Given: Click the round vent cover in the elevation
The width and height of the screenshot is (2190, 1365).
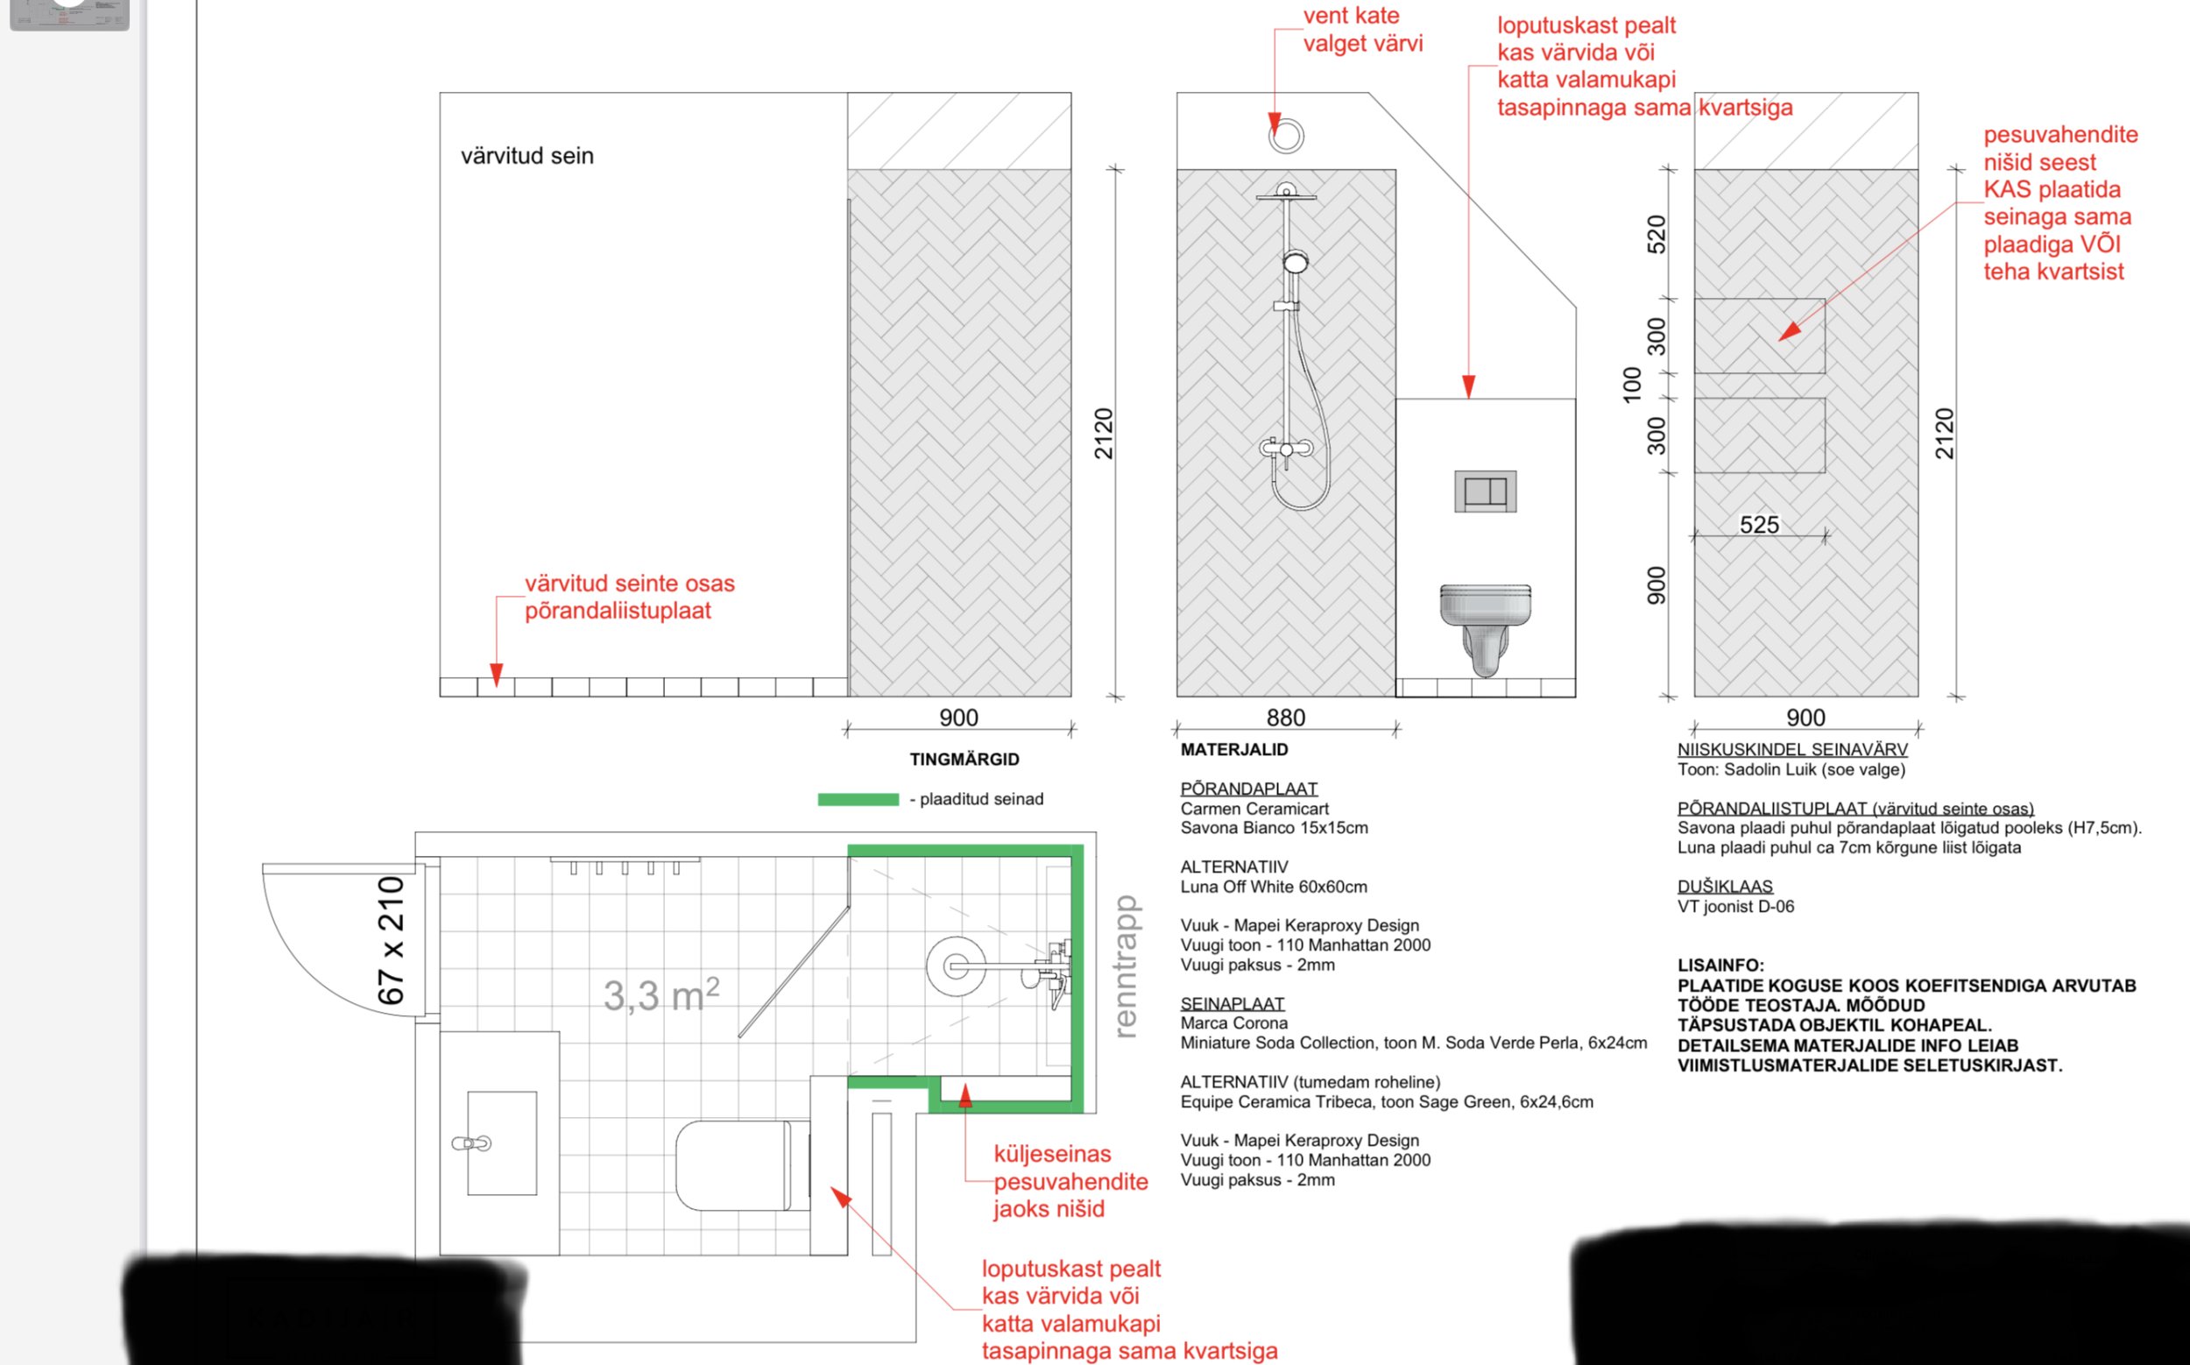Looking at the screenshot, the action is [1285, 136].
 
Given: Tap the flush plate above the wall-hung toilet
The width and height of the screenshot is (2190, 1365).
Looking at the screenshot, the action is [1485, 492].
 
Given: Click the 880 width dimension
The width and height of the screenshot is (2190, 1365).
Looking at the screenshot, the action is [1285, 718].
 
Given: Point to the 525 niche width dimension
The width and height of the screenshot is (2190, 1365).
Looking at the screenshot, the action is [1759, 525].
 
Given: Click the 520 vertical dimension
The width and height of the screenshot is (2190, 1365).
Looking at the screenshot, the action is [1657, 234].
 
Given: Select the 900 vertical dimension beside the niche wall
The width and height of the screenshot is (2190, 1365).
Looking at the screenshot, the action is [1657, 585].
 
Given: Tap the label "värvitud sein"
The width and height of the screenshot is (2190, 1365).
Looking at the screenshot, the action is [527, 156].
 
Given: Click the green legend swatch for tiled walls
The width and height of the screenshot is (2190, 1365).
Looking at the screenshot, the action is [858, 799].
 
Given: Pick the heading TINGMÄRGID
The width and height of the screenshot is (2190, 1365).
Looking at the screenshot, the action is [964, 760].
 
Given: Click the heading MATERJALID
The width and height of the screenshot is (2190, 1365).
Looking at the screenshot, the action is [1234, 749].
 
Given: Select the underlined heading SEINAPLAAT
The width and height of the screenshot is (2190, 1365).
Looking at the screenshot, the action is [1233, 1003].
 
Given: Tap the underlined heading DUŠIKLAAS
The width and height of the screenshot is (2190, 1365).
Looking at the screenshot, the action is [1725, 887].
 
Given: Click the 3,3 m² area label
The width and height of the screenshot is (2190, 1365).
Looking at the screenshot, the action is [661, 995].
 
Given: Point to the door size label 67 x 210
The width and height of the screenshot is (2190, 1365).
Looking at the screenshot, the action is [391, 941].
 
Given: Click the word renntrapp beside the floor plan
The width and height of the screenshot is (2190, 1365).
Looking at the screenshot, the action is [1126, 966].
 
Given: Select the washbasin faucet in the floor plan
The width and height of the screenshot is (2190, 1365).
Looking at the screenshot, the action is [471, 1144].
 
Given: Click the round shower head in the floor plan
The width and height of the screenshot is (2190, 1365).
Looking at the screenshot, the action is [955, 966].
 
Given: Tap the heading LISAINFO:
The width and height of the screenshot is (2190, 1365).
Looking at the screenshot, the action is [1720, 965].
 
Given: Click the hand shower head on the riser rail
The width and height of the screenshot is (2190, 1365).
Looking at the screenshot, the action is [1296, 262].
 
